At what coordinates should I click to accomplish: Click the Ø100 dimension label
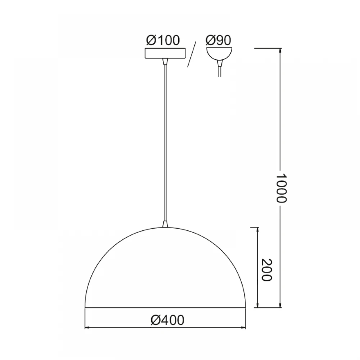(x=163, y=40)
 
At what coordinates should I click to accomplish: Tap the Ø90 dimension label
(x=218, y=40)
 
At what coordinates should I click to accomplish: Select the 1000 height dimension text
(x=281, y=188)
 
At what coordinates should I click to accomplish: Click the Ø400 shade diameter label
(x=167, y=320)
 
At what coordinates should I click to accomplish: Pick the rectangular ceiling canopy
(x=165, y=53)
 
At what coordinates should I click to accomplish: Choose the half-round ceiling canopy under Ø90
(x=219, y=54)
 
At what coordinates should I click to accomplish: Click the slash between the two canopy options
(x=192, y=54)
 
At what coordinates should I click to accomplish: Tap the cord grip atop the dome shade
(x=165, y=224)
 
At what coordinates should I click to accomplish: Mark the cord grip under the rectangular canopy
(x=165, y=62)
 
